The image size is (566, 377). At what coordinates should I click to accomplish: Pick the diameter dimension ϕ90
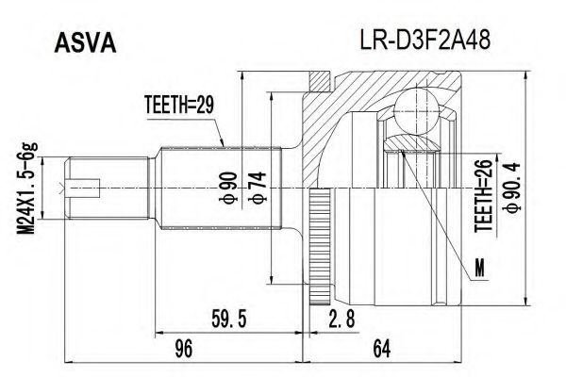coord(226,188)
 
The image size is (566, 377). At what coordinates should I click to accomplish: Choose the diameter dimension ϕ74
coord(255,188)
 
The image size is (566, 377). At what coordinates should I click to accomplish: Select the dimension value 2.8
coord(341,321)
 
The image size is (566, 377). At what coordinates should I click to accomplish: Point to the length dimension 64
coord(381,350)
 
